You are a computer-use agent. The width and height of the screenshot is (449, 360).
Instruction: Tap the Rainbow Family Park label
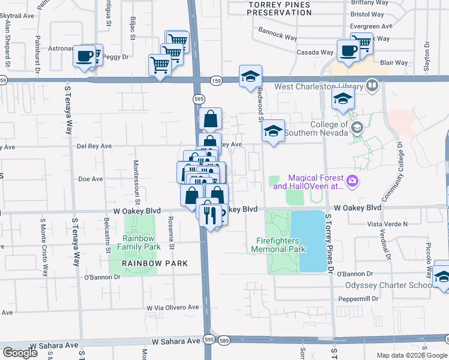(x=139, y=242)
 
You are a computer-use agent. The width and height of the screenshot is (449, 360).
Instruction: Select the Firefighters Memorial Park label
(x=278, y=245)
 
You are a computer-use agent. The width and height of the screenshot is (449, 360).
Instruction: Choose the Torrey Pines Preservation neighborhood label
(x=280, y=8)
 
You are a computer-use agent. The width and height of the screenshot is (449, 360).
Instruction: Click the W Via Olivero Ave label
(x=173, y=307)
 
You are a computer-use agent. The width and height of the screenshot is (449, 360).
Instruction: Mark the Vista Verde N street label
(x=387, y=224)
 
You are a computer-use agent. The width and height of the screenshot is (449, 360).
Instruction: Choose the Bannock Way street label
(x=278, y=33)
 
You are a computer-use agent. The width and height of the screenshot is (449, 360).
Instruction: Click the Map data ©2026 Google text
(x=411, y=355)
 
